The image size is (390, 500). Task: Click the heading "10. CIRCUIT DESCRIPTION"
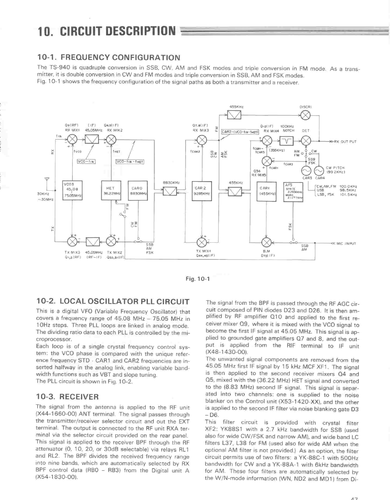coord(106,31)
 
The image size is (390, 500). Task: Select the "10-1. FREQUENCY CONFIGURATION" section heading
coord(109,58)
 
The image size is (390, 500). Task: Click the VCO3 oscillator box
coord(72,191)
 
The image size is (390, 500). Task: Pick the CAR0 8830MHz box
coord(138,191)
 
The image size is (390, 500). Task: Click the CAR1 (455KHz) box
coord(267,191)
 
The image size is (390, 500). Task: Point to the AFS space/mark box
coord(293,192)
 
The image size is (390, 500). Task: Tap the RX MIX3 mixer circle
coord(202,140)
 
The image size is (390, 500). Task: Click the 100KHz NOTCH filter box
coord(286,140)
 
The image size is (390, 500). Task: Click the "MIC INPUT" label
coord(346,244)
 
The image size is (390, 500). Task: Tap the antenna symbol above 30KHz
coord(47,179)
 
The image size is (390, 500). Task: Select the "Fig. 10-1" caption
coord(198,279)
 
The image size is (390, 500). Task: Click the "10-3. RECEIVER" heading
coord(68,397)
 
